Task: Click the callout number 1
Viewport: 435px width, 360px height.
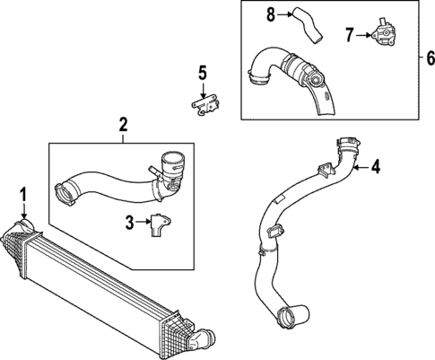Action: pyautogui.click(x=23, y=195)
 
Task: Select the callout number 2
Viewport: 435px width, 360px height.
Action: pyautogui.click(x=123, y=125)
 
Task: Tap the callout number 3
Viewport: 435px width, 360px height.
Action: pyautogui.click(x=129, y=222)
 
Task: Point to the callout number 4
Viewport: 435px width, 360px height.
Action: pyautogui.click(x=376, y=166)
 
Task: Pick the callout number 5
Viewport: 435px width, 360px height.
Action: pyautogui.click(x=203, y=74)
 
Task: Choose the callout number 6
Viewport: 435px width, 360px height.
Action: pyautogui.click(x=430, y=58)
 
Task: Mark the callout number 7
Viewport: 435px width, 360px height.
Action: pyautogui.click(x=350, y=35)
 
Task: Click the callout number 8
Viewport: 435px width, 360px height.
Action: pyautogui.click(x=271, y=14)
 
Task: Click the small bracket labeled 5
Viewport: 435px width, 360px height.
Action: pyautogui.click(x=205, y=104)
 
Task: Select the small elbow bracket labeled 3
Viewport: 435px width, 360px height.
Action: pyautogui.click(x=161, y=225)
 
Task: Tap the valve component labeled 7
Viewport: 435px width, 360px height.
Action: pyautogui.click(x=384, y=32)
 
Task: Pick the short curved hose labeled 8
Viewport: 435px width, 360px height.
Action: pyautogui.click(x=307, y=25)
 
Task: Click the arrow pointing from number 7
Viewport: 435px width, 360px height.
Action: pyautogui.click(x=363, y=35)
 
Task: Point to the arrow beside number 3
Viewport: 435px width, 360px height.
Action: pyautogui.click(x=144, y=222)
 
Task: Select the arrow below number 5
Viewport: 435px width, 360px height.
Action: pyautogui.click(x=203, y=91)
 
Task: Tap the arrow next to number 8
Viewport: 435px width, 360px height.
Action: pyautogui.click(x=284, y=14)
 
